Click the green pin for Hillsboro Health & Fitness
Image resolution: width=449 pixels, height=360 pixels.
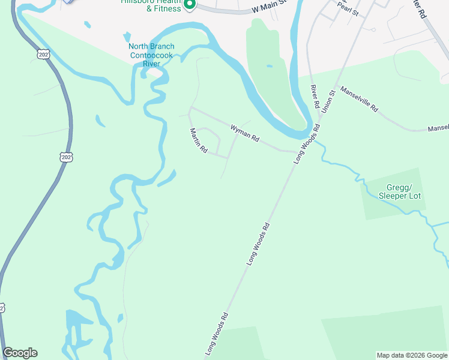(189, 5)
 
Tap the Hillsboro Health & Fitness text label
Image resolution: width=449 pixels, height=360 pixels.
(151, 7)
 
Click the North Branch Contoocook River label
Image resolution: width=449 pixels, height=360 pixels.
(151, 55)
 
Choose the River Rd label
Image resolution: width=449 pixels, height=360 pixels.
(314, 96)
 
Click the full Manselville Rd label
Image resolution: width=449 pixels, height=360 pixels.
(359, 100)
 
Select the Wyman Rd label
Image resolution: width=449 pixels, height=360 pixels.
(244, 133)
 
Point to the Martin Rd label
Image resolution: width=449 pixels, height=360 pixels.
(198, 141)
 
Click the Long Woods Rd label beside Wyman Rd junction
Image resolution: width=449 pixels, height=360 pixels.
(306, 145)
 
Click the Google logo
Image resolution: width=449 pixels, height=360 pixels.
(20, 353)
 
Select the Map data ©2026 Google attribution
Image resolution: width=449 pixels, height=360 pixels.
(411, 355)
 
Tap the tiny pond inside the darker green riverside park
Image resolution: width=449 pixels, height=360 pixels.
(269, 66)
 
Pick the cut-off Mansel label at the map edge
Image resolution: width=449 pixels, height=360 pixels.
(438, 128)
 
